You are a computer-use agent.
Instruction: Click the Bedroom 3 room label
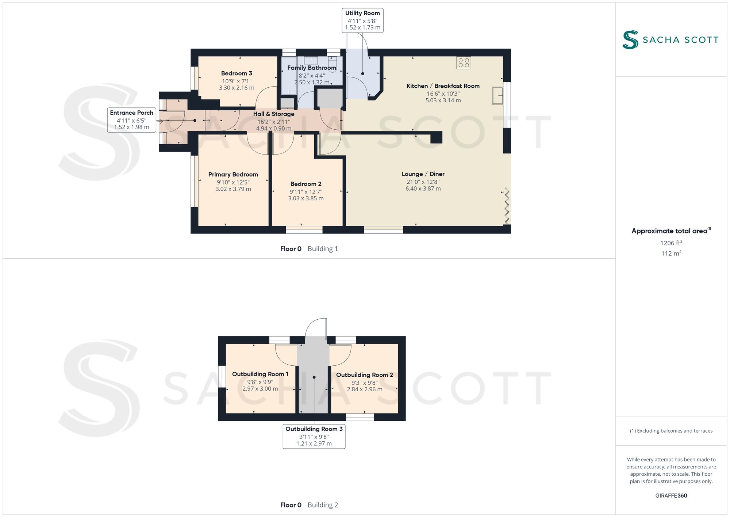click(237, 73)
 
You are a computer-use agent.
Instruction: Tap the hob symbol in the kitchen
click(464, 63)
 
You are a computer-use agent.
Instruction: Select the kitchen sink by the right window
click(497, 95)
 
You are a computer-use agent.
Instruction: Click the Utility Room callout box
click(362, 20)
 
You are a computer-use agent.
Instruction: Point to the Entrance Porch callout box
click(132, 120)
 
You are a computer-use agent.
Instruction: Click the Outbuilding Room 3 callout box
click(314, 436)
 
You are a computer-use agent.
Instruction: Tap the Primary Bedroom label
click(233, 175)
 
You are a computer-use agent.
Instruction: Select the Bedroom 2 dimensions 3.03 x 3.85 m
click(306, 198)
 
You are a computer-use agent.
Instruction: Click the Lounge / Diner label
click(423, 174)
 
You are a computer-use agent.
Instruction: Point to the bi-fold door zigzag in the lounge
click(507, 206)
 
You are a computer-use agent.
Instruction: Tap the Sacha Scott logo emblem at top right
click(630, 40)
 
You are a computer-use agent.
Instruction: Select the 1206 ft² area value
click(671, 243)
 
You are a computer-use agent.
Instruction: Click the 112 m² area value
click(671, 253)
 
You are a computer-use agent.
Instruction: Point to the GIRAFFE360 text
click(671, 496)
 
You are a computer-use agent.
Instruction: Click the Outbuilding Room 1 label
click(260, 374)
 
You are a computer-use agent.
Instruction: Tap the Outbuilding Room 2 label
click(365, 375)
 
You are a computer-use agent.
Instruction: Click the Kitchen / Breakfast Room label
click(443, 86)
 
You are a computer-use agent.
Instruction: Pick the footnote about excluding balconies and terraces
click(671, 431)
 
